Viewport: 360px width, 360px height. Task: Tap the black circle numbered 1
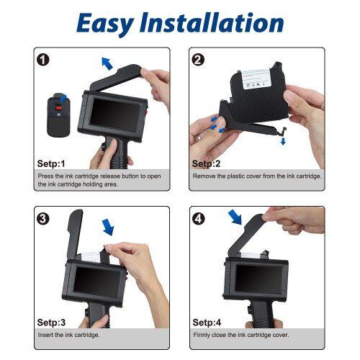click(x=43, y=60)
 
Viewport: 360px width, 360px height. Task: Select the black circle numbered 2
click(x=198, y=60)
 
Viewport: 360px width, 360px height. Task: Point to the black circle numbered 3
click(x=43, y=217)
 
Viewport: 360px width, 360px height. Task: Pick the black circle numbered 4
click(x=198, y=217)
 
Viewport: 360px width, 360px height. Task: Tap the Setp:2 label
click(x=206, y=163)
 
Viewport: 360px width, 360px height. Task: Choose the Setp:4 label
click(x=206, y=322)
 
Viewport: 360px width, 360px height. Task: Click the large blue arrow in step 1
click(x=107, y=64)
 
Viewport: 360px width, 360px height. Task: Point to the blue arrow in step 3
click(x=108, y=227)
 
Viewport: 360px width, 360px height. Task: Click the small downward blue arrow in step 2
click(x=282, y=140)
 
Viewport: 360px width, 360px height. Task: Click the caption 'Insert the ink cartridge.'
click(x=69, y=335)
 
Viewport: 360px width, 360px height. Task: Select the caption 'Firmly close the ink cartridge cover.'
click(x=241, y=335)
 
